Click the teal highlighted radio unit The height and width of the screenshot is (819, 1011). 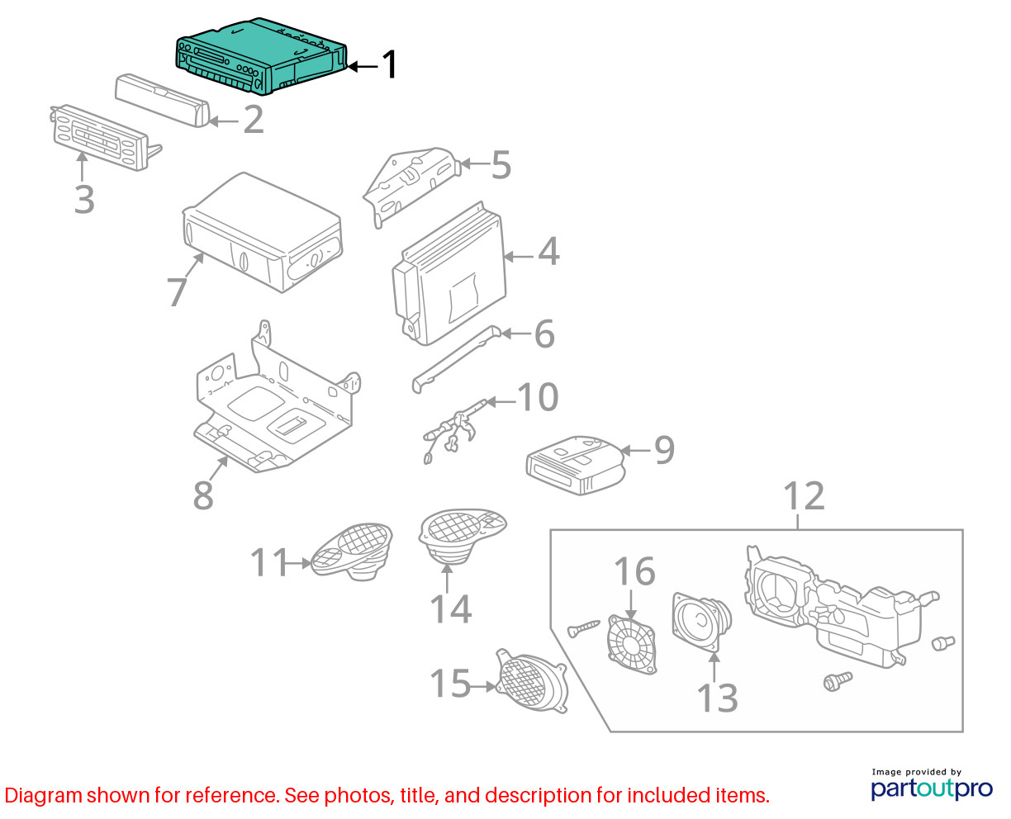pos(261,56)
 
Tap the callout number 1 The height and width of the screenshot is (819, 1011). pos(389,64)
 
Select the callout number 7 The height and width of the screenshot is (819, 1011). pos(177,291)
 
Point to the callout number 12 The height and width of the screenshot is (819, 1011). pos(804,496)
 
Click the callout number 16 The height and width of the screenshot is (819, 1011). pos(634,570)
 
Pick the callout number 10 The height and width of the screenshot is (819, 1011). pos(538,396)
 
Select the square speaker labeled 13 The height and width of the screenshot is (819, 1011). pos(701,622)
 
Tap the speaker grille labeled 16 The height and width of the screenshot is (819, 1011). pos(632,644)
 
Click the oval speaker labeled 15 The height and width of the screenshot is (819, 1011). pos(532,680)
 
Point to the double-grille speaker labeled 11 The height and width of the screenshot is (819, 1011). pos(352,551)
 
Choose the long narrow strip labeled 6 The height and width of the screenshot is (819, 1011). pos(456,359)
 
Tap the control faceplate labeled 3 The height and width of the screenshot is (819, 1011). pos(106,138)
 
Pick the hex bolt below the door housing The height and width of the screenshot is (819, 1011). pos(838,681)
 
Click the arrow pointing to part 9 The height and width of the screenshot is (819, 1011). pos(635,450)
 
